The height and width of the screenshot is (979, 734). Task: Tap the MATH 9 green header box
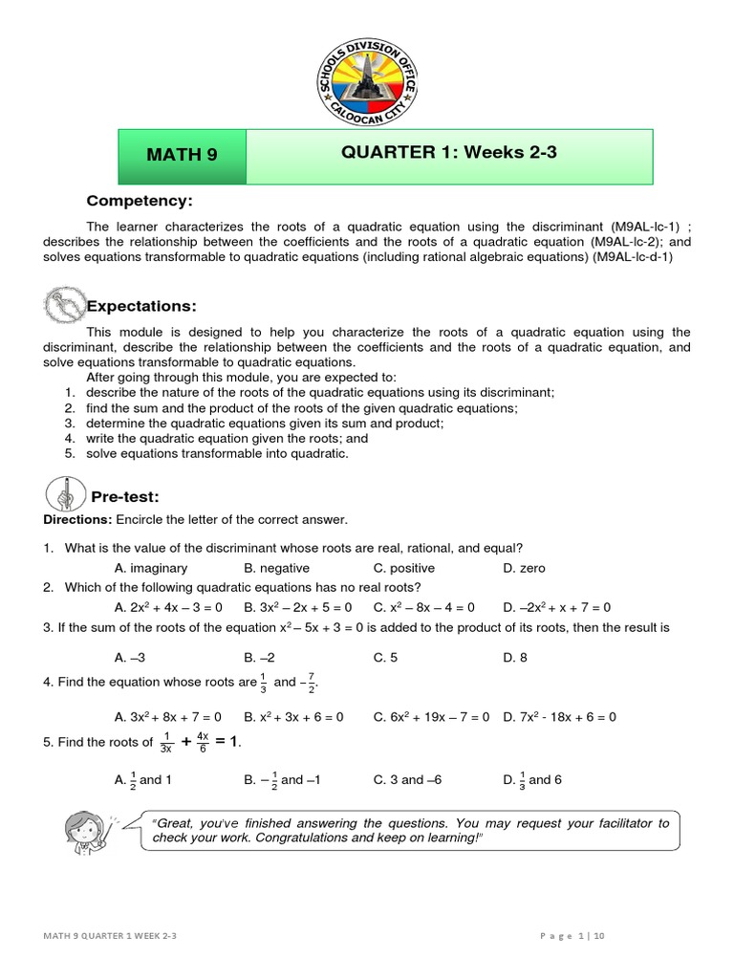coord(182,155)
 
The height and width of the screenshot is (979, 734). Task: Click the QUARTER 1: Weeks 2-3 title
coord(449,154)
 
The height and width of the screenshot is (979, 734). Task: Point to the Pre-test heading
coord(124,496)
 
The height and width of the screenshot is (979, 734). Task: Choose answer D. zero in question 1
coord(524,568)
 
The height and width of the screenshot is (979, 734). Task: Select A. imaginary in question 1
coord(150,568)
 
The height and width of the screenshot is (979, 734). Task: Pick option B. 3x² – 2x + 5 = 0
coord(297,607)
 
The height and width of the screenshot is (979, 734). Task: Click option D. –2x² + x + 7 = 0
coord(556,607)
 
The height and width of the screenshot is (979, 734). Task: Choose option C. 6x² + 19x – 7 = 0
coord(431,716)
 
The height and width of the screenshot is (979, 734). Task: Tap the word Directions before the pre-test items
coord(77,519)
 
